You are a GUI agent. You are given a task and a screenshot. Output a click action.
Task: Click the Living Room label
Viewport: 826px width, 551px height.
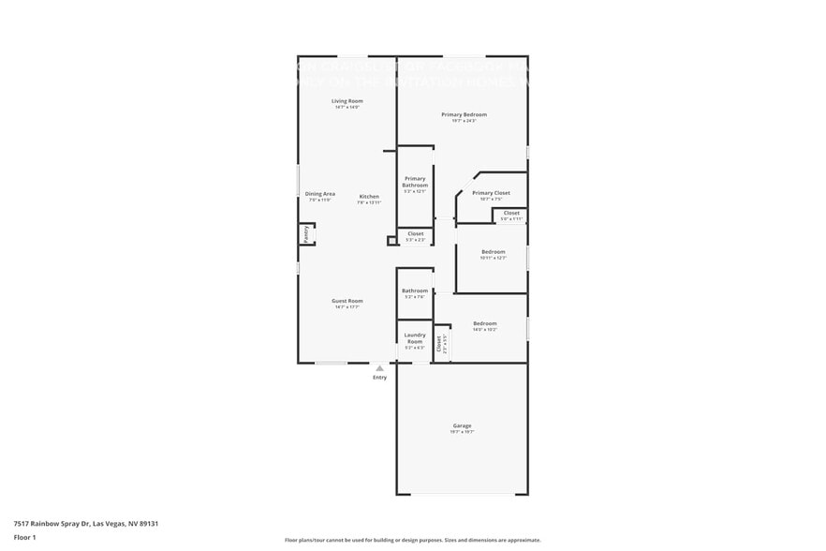(x=347, y=101)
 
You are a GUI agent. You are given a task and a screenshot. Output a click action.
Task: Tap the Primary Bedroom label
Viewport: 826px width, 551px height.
(x=464, y=114)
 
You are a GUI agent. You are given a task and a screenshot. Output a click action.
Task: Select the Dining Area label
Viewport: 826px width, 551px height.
(x=320, y=194)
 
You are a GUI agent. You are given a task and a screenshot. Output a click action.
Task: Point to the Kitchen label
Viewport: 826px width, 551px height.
(x=369, y=196)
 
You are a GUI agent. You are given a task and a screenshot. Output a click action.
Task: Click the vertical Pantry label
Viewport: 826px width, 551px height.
(x=305, y=233)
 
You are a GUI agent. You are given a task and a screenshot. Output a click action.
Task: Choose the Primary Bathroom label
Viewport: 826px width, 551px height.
(x=415, y=182)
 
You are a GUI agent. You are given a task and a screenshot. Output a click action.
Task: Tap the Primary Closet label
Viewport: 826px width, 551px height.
(x=491, y=193)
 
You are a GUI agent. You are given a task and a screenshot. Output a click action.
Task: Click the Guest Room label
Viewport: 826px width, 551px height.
(x=347, y=301)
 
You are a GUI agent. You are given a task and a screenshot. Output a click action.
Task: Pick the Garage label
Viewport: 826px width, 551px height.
(x=463, y=425)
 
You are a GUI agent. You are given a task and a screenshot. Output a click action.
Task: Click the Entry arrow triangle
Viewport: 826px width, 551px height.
(x=379, y=368)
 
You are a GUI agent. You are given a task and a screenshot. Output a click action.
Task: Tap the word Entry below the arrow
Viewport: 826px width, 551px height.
(x=379, y=378)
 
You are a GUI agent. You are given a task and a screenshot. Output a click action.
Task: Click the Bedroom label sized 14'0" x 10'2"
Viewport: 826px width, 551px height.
(x=484, y=323)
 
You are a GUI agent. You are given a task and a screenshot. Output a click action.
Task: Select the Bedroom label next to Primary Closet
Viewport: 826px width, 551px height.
(x=493, y=251)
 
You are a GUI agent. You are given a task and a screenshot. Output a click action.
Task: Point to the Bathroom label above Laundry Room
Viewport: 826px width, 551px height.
(x=415, y=290)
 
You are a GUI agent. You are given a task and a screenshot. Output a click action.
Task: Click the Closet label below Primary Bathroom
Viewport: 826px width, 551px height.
(x=415, y=233)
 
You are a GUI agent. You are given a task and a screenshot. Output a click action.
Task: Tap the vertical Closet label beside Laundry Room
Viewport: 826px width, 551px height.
(x=439, y=343)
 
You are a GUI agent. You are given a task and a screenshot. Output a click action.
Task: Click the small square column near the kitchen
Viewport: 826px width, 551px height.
(x=392, y=241)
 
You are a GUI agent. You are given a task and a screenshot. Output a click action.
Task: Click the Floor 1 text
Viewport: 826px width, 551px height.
(x=24, y=538)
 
